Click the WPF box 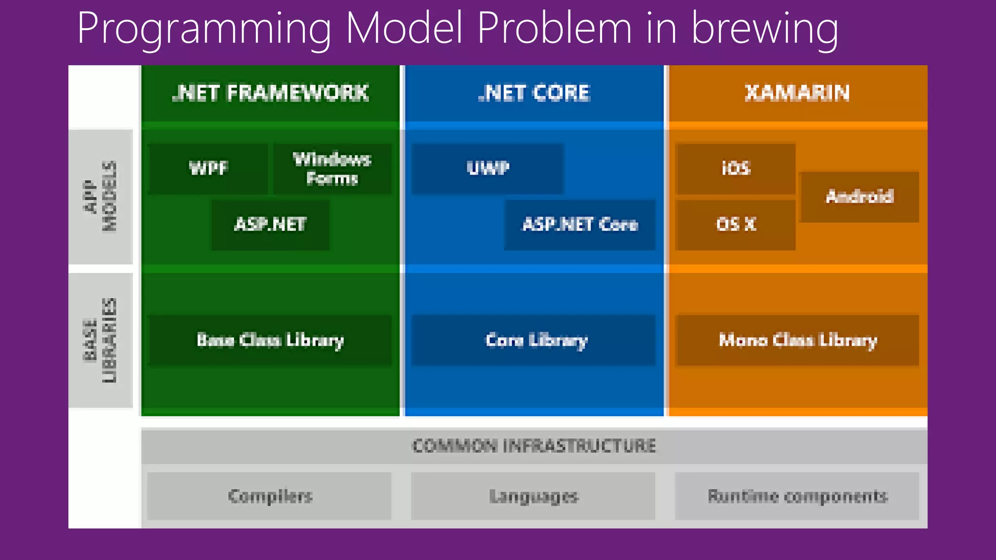pos(208,169)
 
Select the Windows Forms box pos(332,169)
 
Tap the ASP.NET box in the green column pos(270,225)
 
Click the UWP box pos(487,169)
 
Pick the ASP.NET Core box pos(580,225)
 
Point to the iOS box pos(735,169)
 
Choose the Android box pos(859,197)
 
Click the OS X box pos(735,225)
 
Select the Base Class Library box pos(269,340)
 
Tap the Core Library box pos(534,340)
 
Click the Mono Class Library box pos(798,340)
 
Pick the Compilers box pos(269,496)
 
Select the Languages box pos(534,496)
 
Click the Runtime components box pos(798,496)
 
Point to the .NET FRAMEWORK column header pos(270,93)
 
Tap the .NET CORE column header pos(534,93)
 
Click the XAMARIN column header pos(798,93)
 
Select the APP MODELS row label pos(101,197)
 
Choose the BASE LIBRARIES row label pos(101,340)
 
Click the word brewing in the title pos(765,29)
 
